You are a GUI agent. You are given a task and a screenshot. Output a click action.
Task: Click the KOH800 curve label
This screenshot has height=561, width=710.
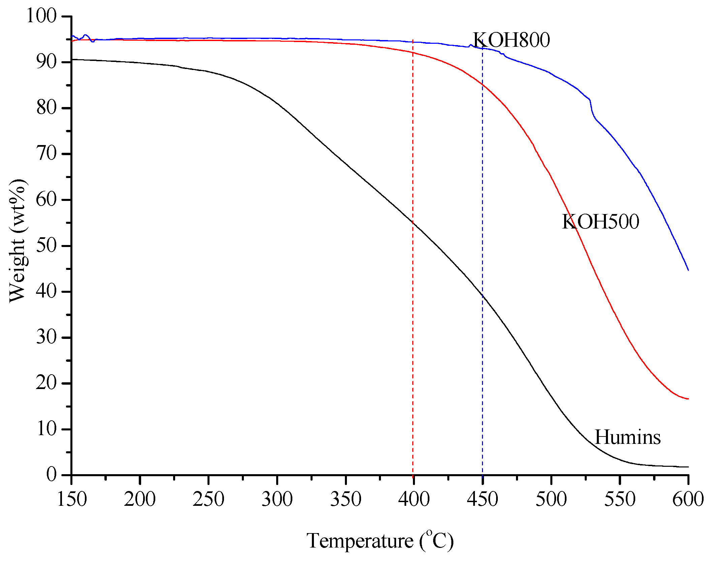(511, 40)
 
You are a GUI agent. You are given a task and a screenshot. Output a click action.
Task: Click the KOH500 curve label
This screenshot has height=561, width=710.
(601, 222)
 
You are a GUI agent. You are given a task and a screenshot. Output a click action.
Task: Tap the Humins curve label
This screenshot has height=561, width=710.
(627, 437)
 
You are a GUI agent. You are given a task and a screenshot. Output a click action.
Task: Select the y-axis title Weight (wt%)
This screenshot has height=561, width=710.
(18, 241)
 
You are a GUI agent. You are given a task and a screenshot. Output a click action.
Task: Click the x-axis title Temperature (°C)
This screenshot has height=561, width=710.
(380, 541)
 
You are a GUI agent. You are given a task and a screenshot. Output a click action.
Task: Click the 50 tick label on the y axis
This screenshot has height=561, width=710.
(46, 245)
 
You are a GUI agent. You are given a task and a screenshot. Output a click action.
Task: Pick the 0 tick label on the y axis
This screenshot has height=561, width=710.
(52, 475)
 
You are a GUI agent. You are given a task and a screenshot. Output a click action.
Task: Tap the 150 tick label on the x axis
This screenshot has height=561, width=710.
(72, 499)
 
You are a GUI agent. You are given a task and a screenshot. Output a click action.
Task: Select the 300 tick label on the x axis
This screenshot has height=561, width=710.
(277, 499)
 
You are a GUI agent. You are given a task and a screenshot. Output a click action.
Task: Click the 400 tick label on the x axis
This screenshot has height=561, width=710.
(414, 499)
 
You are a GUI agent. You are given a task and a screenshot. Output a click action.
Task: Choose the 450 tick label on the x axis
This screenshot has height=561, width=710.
(482, 499)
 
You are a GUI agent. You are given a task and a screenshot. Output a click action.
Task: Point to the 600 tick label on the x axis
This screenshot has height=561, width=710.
(688, 499)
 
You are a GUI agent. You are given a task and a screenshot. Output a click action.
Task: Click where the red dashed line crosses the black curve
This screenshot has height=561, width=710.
(413, 222)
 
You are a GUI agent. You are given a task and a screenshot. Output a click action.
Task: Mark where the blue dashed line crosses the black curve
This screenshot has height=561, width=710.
(482, 295)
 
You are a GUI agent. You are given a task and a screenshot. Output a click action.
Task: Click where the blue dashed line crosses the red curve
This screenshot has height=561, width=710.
(482, 85)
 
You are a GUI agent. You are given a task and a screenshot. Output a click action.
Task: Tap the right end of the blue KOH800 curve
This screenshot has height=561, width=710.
(688, 270)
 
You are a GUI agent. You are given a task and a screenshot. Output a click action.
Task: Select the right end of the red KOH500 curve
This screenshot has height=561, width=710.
(688, 399)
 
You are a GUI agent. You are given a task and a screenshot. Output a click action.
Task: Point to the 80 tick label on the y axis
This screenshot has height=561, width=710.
(46, 108)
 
